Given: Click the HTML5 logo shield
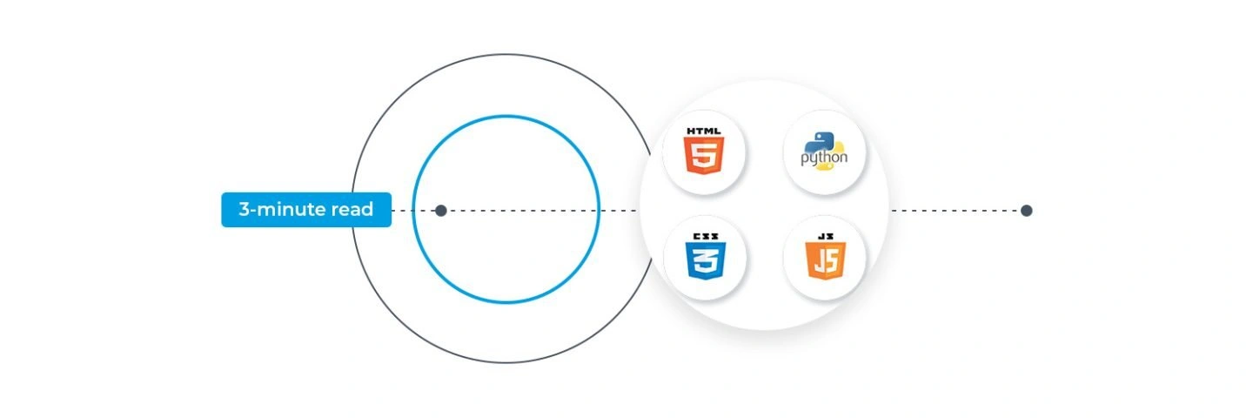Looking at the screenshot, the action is coord(704,156).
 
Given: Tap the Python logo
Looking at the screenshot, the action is coord(824,151).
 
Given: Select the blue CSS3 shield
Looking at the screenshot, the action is coord(706,260).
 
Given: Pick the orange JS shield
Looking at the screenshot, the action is coord(826,260).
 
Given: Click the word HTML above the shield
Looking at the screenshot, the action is coord(704,131).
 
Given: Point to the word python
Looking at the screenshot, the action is coord(824,158).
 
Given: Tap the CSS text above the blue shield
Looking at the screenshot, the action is coord(706,237).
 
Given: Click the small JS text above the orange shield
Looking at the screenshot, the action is coord(826,236).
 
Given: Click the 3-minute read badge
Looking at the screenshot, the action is coord(306,210).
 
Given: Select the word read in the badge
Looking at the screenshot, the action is coord(352,209).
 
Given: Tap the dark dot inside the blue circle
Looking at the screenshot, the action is coord(441,211).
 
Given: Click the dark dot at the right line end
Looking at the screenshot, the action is coord(1027,211).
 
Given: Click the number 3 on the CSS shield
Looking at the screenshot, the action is coord(706,260).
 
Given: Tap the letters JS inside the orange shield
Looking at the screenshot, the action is coord(826,260).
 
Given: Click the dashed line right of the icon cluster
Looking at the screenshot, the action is coord(956,211).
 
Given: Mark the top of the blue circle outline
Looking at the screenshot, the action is coord(506,116).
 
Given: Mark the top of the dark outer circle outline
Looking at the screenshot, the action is coord(506,54).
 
